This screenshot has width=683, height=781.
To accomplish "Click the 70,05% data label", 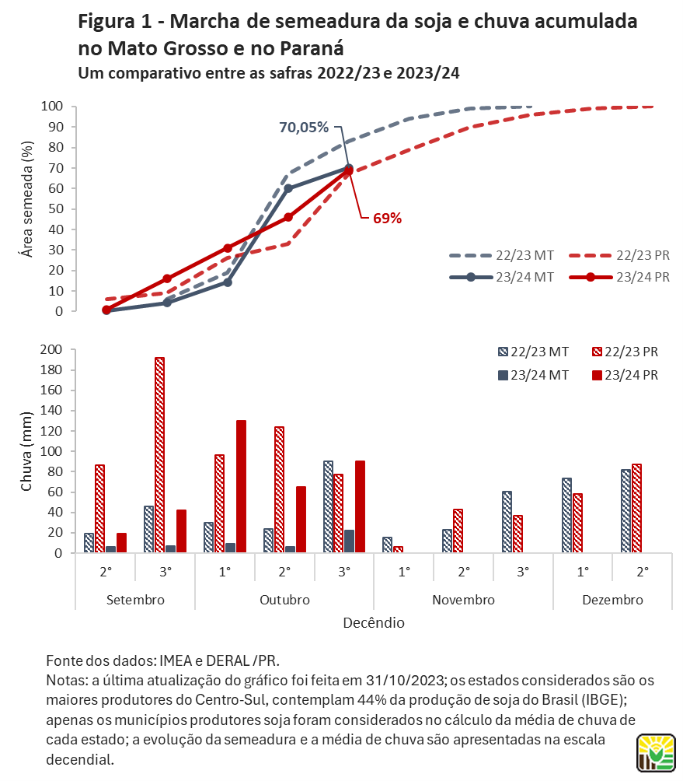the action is (x=304, y=128).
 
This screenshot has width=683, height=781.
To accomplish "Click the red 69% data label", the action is (x=387, y=218).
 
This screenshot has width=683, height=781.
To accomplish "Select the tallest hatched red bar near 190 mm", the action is (x=159, y=455).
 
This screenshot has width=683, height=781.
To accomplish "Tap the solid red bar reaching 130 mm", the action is (x=241, y=486).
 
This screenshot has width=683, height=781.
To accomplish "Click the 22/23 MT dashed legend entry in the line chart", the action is (x=501, y=255).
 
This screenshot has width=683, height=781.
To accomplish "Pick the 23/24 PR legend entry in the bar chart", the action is (x=625, y=375).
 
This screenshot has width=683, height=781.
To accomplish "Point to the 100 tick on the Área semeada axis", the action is (x=52, y=106).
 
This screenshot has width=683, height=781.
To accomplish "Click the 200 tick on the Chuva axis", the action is (x=51, y=349).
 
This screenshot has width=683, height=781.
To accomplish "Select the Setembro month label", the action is (x=135, y=600).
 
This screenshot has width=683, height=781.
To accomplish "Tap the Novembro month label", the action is (x=463, y=600).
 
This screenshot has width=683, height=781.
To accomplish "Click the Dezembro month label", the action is (x=612, y=600).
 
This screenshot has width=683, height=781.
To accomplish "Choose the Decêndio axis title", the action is (x=374, y=622).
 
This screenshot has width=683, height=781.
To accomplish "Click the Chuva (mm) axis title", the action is (x=26, y=451).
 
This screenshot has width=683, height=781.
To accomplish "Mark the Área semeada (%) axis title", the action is (x=26, y=199).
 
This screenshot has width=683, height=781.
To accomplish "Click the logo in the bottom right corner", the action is (x=656, y=753).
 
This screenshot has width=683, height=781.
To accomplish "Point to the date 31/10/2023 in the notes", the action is (x=405, y=681).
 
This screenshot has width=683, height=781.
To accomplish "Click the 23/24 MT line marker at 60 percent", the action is (x=288, y=188).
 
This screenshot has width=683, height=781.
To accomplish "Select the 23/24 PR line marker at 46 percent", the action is (x=288, y=217).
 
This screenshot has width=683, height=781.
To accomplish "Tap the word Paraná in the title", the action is (x=312, y=48).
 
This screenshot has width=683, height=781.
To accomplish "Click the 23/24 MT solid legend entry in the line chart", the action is (x=501, y=278).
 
